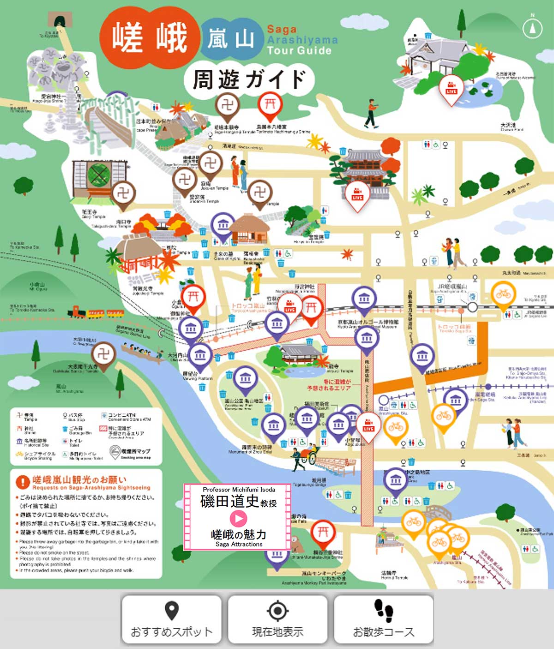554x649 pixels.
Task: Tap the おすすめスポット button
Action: pos(171,619)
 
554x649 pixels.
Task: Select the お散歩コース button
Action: pos(384,619)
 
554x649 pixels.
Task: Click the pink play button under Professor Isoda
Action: pos(238,519)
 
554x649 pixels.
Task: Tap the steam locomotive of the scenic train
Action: pos(77,312)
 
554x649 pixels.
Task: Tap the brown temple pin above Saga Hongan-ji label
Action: pos(227,105)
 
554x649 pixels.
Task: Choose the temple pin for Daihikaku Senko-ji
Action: pos(103,355)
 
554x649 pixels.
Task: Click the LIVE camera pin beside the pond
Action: pos(451,88)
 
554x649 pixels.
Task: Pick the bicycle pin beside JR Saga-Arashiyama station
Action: pos(503,294)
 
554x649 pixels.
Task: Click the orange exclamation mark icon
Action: pos(23,482)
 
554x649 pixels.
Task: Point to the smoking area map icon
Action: pos(114,452)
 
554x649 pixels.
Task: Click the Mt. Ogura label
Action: pos(37,286)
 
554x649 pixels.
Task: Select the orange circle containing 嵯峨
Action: pos(149,37)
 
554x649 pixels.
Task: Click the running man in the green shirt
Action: pos(371,113)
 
